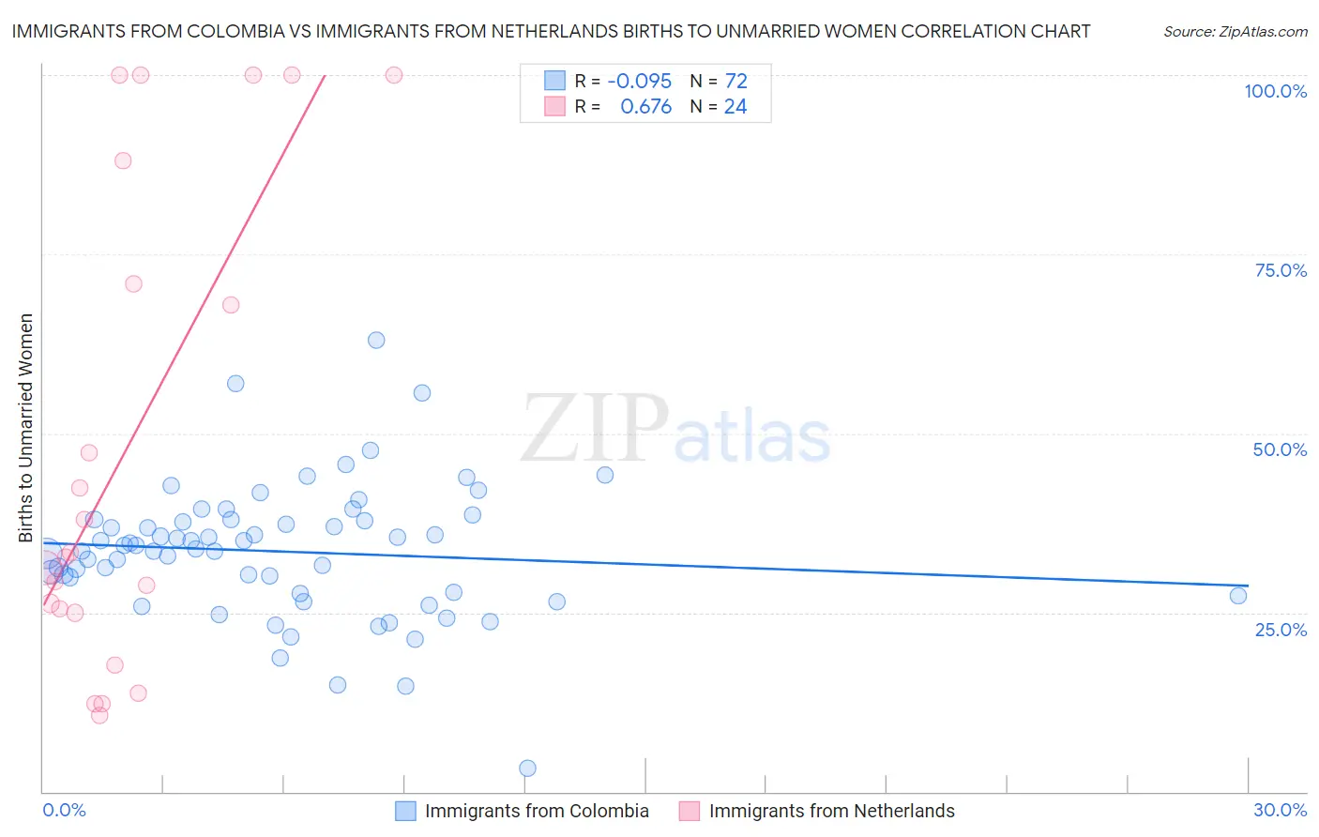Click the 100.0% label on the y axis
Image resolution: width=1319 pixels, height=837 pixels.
pyautogui.click(x=1275, y=91)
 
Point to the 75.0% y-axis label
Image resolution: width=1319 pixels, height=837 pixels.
pyautogui.click(x=1281, y=270)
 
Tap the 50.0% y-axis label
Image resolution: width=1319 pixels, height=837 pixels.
pyautogui.click(x=1280, y=449)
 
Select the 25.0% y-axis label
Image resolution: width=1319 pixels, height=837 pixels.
pyautogui.click(x=1281, y=629)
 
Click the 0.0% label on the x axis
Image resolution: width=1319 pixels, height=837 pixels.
pyautogui.click(x=64, y=810)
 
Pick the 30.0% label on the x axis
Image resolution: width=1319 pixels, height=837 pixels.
pyautogui.click(x=1280, y=810)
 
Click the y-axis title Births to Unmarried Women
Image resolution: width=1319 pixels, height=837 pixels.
pyautogui.click(x=25, y=428)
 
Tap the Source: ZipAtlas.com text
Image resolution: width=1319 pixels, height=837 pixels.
pyautogui.click(x=1235, y=31)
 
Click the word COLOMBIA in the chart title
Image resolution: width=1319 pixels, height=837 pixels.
pyautogui.click(x=223, y=31)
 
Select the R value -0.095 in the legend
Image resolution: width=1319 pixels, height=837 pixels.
pyautogui.click(x=639, y=82)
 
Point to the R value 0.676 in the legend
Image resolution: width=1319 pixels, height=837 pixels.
pyautogui.click(x=645, y=107)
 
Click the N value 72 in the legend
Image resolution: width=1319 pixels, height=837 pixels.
pyautogui.click(x=735, y=82)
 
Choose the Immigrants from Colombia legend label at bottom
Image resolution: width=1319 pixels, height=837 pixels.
pyautogui.click(x=537, y=811)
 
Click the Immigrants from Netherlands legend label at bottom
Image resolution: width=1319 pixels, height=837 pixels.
pyautogui.click(x=831, y=811)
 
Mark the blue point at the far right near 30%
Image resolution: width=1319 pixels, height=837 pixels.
pyautogui.click(x=1237, y=596)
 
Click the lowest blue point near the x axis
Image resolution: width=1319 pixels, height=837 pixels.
pyautogui.click(x=527, y=769)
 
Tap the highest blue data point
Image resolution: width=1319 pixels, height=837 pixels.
pyautogui.click(x=376, y=341)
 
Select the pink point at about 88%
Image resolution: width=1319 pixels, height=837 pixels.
pyautogui.click(x=123, y=160)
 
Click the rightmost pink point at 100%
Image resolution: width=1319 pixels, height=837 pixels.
pyautogui.click(x=394, y=75)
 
